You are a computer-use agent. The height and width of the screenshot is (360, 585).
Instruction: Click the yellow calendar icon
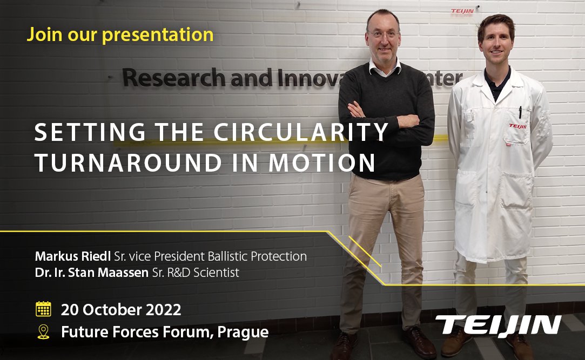(43, 309)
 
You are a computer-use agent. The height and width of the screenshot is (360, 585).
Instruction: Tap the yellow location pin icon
(43, 332)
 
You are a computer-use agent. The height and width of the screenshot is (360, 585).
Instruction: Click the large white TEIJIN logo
(498, 325)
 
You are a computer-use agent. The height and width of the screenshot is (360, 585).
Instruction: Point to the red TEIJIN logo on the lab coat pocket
(517, 126)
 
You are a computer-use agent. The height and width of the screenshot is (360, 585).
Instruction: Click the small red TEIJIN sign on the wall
(462, 11)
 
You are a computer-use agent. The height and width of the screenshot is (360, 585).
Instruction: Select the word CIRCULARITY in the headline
(301, 132)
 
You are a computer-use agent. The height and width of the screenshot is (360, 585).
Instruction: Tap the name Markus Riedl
(73, 256)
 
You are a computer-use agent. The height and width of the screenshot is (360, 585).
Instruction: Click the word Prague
(243, 332)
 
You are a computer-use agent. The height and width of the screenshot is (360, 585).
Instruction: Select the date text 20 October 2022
(121, 310)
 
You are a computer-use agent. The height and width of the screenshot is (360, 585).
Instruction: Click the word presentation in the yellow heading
(158, 35)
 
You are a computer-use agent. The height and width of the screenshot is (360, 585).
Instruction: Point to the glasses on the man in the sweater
(383, 35)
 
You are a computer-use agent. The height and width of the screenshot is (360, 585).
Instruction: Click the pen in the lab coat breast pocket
(520, 112)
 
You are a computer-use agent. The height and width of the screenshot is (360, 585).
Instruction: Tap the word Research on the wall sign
(174, 78)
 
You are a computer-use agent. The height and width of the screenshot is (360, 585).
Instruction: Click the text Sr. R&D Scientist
(196, 273)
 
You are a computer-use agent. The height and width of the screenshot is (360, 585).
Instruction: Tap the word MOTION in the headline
(321, 163)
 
